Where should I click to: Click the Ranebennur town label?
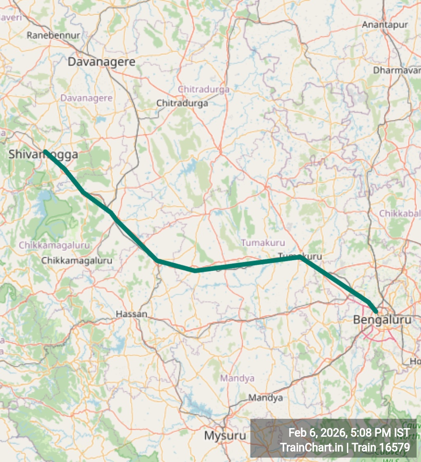tap(53, 35)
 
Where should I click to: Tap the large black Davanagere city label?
tap(101, 62)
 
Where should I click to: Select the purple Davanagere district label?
tap(86, 98)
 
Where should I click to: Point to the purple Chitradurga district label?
tap(204, 89)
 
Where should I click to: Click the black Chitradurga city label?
tap(182, 103)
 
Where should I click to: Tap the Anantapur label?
tap(385, 25)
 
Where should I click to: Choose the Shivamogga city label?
tap(43, 155)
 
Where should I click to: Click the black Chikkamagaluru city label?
tap(77, 260)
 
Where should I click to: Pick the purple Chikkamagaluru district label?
tap(54, 245)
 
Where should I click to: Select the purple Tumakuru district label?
tap(263, 243)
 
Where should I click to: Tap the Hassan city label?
tap(131, 314)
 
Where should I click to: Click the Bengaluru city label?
tap(382, 319)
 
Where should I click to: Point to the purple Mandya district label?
tap(237, 378)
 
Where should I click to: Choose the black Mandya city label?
tap(266, 397)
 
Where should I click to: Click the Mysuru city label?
tap(225, 436)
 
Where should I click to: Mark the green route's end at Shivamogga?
tap(45, 151)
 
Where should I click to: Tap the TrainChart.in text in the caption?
tap(311, 447)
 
